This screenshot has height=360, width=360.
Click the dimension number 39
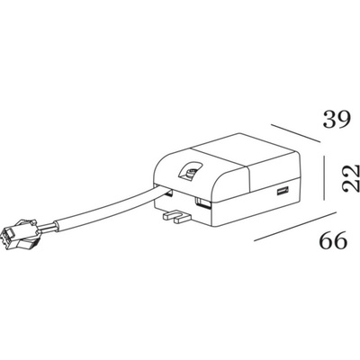(337, 120)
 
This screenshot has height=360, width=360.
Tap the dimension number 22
(350, 178)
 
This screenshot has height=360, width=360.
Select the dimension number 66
(333, 241)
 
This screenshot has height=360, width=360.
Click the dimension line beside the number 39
(296, 133)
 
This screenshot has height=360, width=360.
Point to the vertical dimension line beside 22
(324, 177)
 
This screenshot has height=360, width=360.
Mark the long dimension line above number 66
(295, 227)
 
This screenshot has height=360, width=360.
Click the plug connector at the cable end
(21, 234)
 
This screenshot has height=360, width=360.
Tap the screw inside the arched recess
(190, 173)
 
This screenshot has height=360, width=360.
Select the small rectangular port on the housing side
(283, 190)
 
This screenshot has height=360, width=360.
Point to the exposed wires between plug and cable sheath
(46, 227)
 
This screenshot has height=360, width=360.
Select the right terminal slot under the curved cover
(203, 203)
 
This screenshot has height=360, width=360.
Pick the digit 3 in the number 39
(329, 120)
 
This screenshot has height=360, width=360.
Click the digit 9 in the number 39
(344, 120)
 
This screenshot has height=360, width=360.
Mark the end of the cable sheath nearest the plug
(56, 227)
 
